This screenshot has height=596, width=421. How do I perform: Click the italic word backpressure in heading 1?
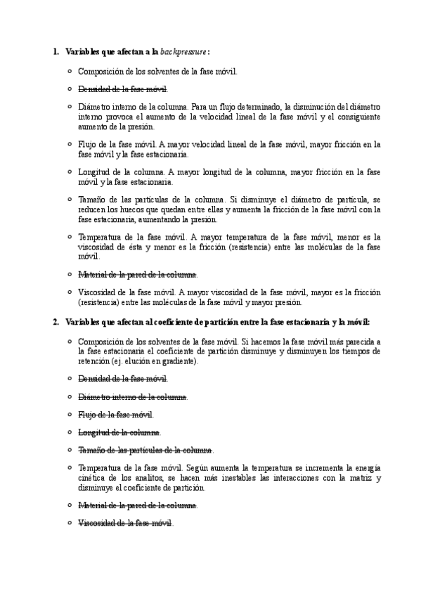coord(183,52)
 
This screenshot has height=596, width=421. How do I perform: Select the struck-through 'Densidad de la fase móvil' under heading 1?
coord(122,89)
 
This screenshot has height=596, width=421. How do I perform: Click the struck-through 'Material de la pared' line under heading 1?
coord(137,274)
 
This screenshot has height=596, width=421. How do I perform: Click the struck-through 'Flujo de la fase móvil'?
coord(115,415)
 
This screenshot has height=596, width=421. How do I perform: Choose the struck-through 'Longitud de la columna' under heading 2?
coord(119,432)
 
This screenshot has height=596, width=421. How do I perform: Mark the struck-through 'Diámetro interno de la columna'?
coord(132,397)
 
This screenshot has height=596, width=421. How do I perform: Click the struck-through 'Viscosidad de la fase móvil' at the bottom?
coord(124,523)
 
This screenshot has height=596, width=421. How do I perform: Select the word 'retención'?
coord(93,361)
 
